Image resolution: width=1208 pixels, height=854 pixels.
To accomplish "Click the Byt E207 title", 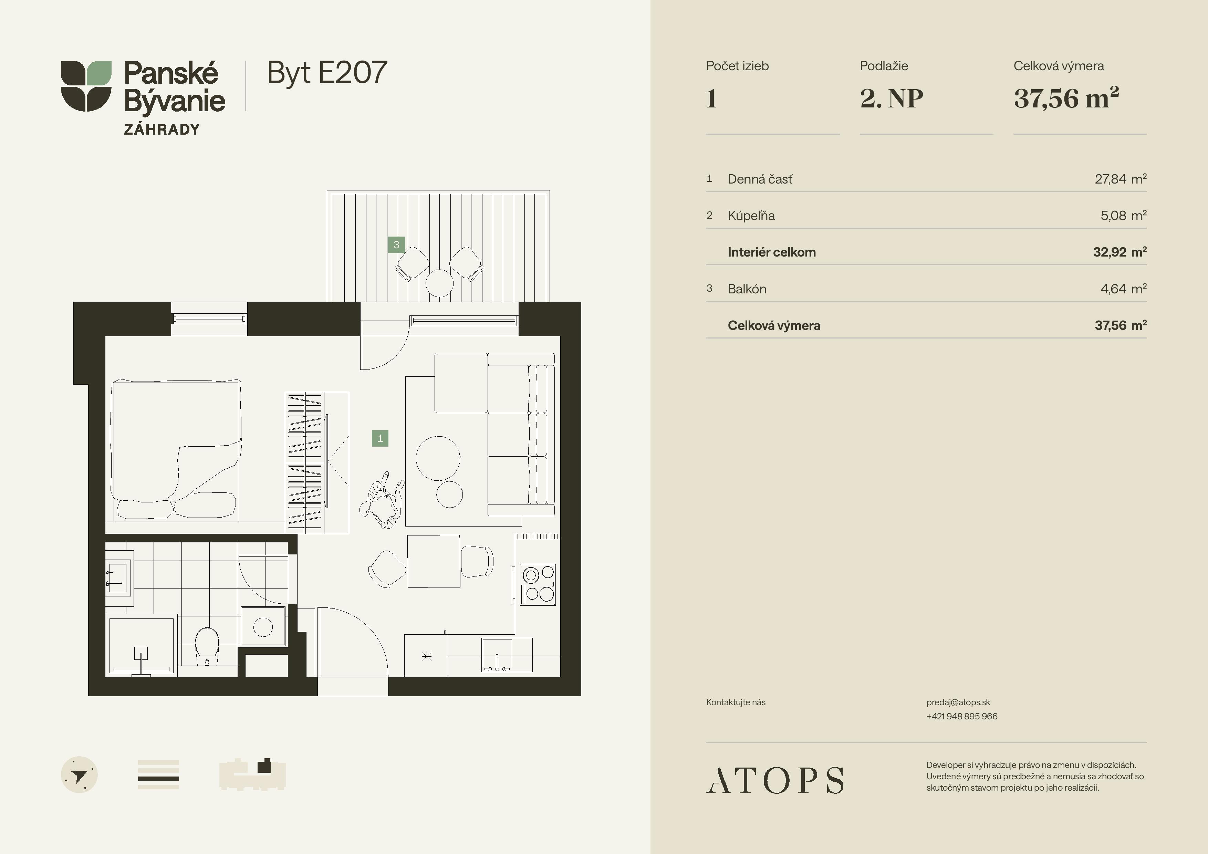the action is (327, 73).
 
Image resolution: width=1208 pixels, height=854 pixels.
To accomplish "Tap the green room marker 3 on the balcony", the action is (396, 245).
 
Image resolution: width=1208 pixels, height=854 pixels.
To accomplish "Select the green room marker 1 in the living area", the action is (380, 438).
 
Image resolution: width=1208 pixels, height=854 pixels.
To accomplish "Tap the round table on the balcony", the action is (439, 283).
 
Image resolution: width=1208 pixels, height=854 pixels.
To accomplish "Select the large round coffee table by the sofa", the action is (438, 458).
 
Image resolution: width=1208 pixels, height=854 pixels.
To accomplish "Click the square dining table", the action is (434, 561).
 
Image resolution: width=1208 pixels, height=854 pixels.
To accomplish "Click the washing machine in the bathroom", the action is (263, 626).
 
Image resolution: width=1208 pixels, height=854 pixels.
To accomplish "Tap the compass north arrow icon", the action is (80, 775).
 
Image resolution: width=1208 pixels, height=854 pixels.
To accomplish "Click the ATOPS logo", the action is (774, 780).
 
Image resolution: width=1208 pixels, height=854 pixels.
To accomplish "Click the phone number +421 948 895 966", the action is (962, 716).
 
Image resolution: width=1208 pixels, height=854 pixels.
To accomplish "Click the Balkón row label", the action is (747, 289).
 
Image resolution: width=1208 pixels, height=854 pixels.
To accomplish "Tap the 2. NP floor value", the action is (891, 98).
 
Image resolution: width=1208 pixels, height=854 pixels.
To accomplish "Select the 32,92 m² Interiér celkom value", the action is (1120, 252).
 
